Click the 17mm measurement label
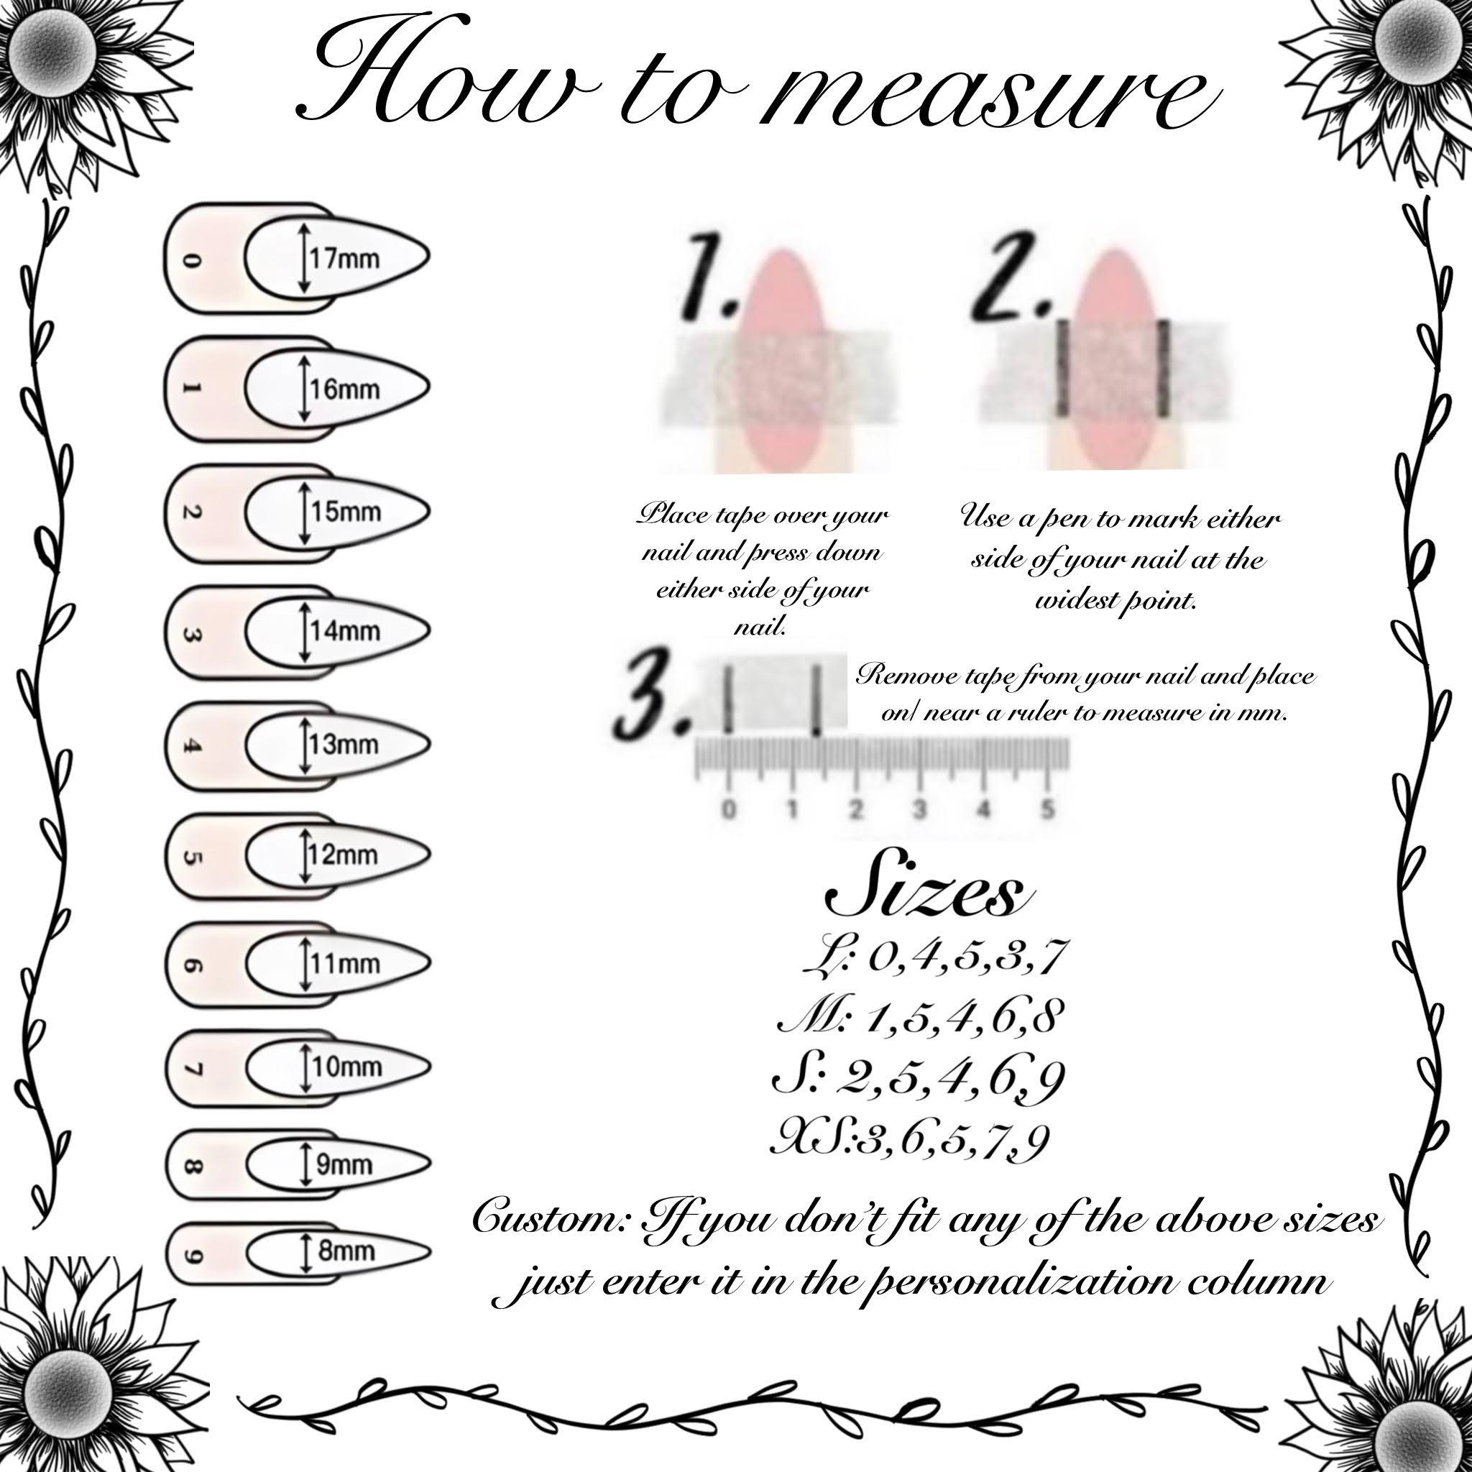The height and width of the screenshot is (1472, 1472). tap(344, 259)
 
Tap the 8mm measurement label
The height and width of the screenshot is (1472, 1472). tap(346, 1251)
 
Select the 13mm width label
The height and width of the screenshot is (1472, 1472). tap(344, 744)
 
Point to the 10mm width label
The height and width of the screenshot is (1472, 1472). tap(346, 1067)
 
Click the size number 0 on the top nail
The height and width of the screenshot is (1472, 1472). tap(192, 261)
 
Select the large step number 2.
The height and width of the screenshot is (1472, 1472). tap(1013, 278)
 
